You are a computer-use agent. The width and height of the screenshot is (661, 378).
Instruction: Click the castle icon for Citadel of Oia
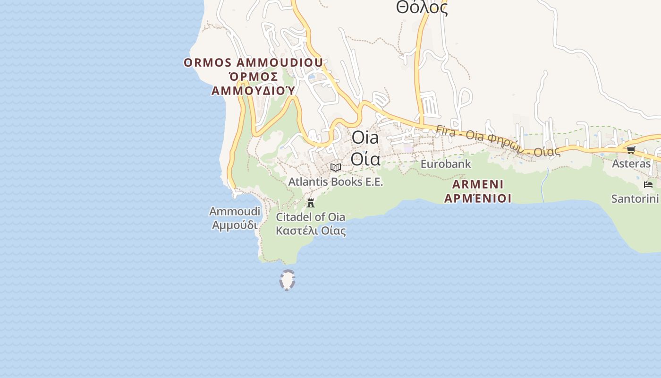coord(311,204)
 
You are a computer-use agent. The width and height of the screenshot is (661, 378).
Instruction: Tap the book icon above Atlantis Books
coord(336,167)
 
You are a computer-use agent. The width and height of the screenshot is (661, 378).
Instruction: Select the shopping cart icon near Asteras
coord(631,150)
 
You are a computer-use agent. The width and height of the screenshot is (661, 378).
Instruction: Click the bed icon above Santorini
coord(648,185)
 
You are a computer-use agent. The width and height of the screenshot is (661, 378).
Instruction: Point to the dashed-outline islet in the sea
coord(287,280)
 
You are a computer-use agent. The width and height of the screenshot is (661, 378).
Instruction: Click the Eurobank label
coord(446,164)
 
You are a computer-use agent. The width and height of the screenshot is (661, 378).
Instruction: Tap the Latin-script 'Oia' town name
coord(365,138)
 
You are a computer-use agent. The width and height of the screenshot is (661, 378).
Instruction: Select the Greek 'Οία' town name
coord(365,159)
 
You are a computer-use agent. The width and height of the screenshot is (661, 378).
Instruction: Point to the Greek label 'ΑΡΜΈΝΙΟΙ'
coord(478,198)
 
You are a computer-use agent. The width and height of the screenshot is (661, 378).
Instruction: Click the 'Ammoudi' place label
coord(235,211)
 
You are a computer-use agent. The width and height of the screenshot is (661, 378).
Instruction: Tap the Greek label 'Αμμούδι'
coord(235,225)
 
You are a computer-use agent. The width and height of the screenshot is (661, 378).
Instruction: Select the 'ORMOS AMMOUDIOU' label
coord(254,63)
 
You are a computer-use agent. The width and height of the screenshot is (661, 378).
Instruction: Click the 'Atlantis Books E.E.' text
coord(336,182)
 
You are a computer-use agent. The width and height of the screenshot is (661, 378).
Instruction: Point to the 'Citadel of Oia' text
coord(310,217)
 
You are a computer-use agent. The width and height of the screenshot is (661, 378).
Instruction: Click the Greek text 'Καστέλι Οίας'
coord(310,231)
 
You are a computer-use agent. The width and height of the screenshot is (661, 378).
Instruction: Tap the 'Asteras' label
coord(631,164)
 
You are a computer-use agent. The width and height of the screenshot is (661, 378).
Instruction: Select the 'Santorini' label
coord(635,198)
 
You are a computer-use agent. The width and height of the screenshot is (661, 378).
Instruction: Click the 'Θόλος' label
coord(422,8)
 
